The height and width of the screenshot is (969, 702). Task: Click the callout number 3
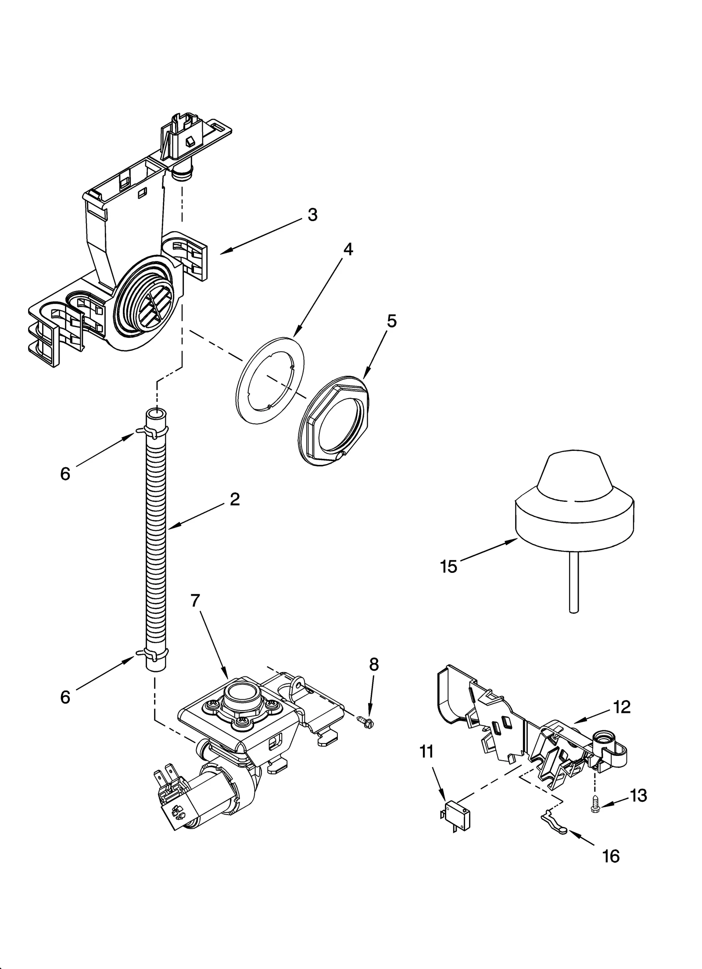[x=312, y=215]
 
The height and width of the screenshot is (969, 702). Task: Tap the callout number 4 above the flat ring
[x=347, y=249]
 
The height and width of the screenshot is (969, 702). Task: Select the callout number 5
[x=391, y=321]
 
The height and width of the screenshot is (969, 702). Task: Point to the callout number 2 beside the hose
[x=235, y=499]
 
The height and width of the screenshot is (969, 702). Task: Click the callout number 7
[x=196, y=601]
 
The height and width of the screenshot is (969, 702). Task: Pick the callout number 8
[x=373, y=665]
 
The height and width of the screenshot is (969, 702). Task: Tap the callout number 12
[x=622, y=707]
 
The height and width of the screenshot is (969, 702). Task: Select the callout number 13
[x=638, y=795]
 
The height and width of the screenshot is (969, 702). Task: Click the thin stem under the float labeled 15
[x=573, y=581]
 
